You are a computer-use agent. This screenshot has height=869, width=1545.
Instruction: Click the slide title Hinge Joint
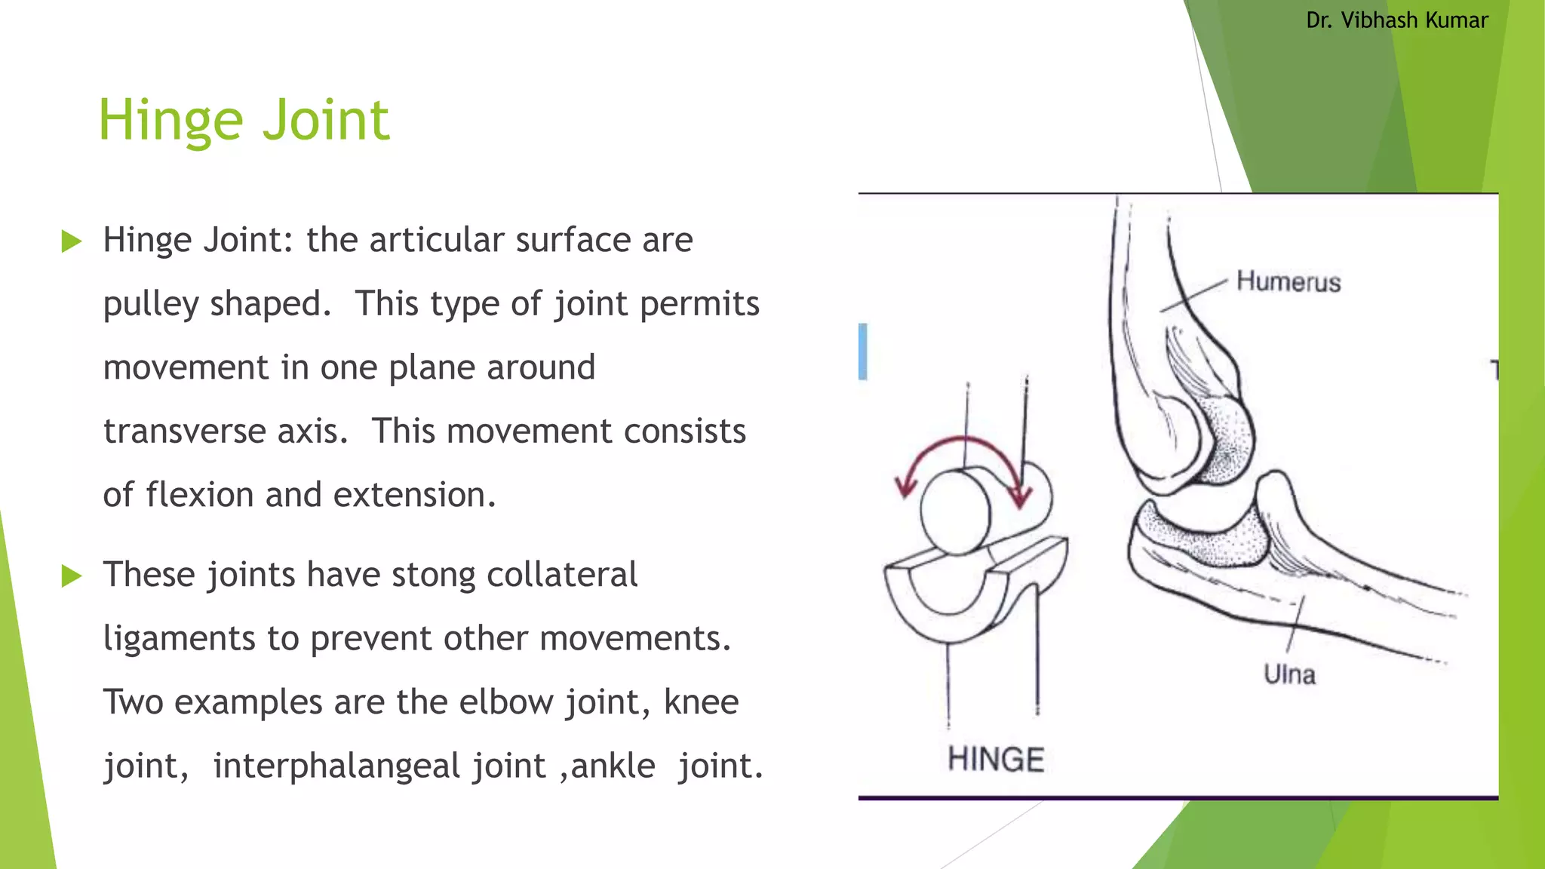244,121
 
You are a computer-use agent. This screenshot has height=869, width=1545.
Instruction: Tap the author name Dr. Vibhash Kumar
1396,20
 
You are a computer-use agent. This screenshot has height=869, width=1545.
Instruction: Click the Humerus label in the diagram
1289,282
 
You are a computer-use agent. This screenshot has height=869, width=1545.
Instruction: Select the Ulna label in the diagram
1289,674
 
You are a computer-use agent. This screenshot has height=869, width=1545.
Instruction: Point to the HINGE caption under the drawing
996,759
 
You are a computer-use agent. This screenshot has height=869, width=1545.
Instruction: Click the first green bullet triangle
72,241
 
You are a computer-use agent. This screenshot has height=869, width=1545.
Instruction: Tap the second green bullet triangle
72,576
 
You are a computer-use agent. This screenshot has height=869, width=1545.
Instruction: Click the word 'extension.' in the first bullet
414,495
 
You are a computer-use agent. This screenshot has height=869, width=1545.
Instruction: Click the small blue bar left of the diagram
863,352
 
